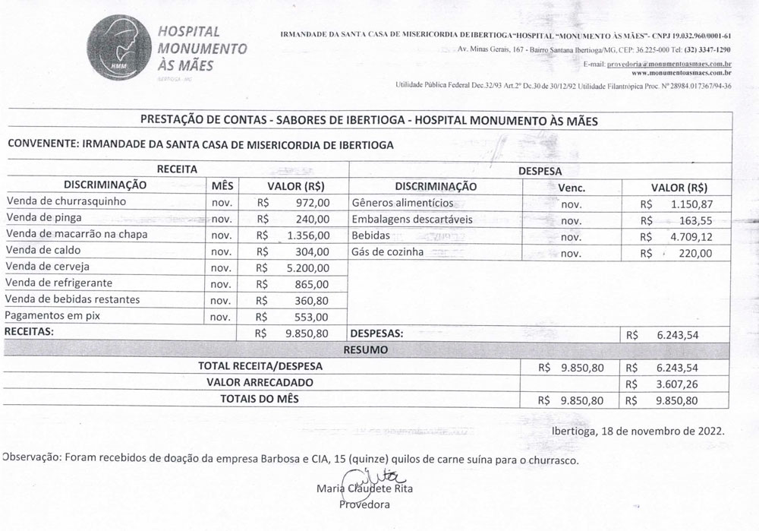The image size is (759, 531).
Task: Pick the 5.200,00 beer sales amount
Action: point(305,267)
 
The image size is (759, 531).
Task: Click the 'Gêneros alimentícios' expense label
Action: point(402,203)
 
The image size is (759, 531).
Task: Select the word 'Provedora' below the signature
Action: point(364,504)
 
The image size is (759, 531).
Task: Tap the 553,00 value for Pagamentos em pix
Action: point(312,317)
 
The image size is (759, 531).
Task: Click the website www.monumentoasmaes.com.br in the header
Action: point(681,73)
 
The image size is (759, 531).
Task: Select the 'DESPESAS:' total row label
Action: point(376,333)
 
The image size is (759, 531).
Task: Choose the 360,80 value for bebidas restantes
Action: point(312,300)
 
